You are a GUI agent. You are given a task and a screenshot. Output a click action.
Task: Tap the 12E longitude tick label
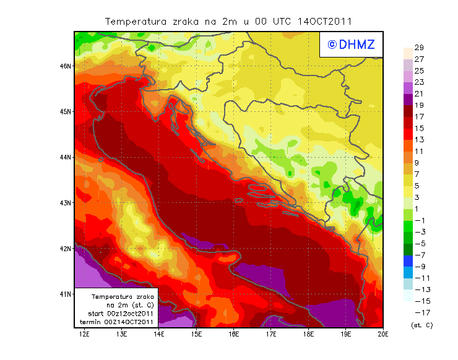pyautogui.click(x=84, y=335)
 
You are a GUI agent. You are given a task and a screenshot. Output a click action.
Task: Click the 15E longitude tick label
pyautogui.click(x=196, y=335)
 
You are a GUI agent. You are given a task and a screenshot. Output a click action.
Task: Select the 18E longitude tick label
pyautogui.click(x=308, y=335)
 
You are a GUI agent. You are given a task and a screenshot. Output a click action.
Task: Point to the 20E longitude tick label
pyautogui.click(x=383, y=335)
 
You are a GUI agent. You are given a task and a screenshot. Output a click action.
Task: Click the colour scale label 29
pyautogui.click(x=419, y=48)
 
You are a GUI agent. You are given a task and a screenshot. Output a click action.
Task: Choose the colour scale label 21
pyautogui.click(x=419, y=93)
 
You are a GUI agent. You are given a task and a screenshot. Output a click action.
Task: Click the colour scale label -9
pyautogui.click(x=419, y=266)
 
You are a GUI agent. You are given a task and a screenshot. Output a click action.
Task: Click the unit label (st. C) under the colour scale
pyautogui.click(x=421, y=325)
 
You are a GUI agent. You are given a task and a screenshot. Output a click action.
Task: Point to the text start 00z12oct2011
pyautogui.click(x=121, y=314)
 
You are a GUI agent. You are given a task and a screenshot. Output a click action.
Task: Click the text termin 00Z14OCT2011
pyautogui.click(x=120, y=322)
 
